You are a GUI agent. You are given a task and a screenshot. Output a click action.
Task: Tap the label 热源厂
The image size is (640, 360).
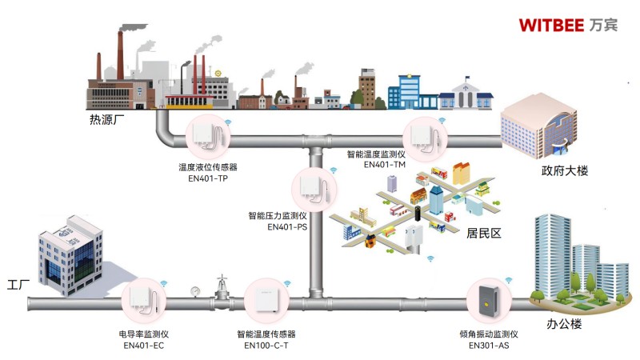click(x=107, y=122)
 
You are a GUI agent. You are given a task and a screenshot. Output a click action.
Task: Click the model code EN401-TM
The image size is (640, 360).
click(x=385, y=164)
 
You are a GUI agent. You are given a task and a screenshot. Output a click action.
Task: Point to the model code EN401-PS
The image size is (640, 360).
click(x=287, y=226)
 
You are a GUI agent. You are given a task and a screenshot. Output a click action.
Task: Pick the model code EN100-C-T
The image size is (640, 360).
click(x=266, y=345)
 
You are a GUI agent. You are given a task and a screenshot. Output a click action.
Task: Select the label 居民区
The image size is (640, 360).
click(x=483, y=233)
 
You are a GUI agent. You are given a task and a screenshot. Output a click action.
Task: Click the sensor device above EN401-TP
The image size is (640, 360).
click(x=210, y=138)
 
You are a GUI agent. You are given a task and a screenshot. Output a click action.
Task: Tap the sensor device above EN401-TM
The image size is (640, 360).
click(x=426, y=135)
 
